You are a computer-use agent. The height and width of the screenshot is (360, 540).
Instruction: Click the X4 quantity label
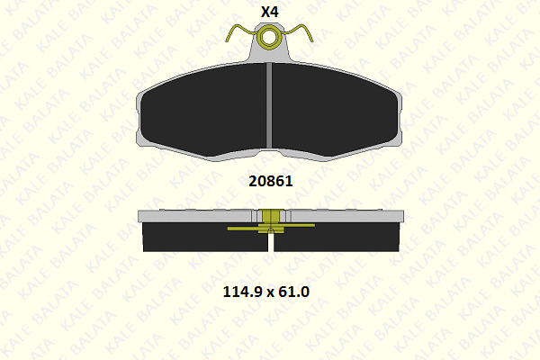(269, 12)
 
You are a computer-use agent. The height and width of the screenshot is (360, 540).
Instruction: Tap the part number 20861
(271, 181)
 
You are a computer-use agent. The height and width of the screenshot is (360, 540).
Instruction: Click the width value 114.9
(244, 292)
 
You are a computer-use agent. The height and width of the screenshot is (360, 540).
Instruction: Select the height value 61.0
(293, 292)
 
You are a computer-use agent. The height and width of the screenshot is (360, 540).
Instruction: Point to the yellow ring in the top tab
(269, 37)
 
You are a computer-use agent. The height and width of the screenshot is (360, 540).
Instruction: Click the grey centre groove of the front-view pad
(269, 106)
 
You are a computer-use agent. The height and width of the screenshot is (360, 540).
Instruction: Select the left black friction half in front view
(203, 110)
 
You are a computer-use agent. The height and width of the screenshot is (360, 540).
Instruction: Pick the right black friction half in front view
(335, 110)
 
